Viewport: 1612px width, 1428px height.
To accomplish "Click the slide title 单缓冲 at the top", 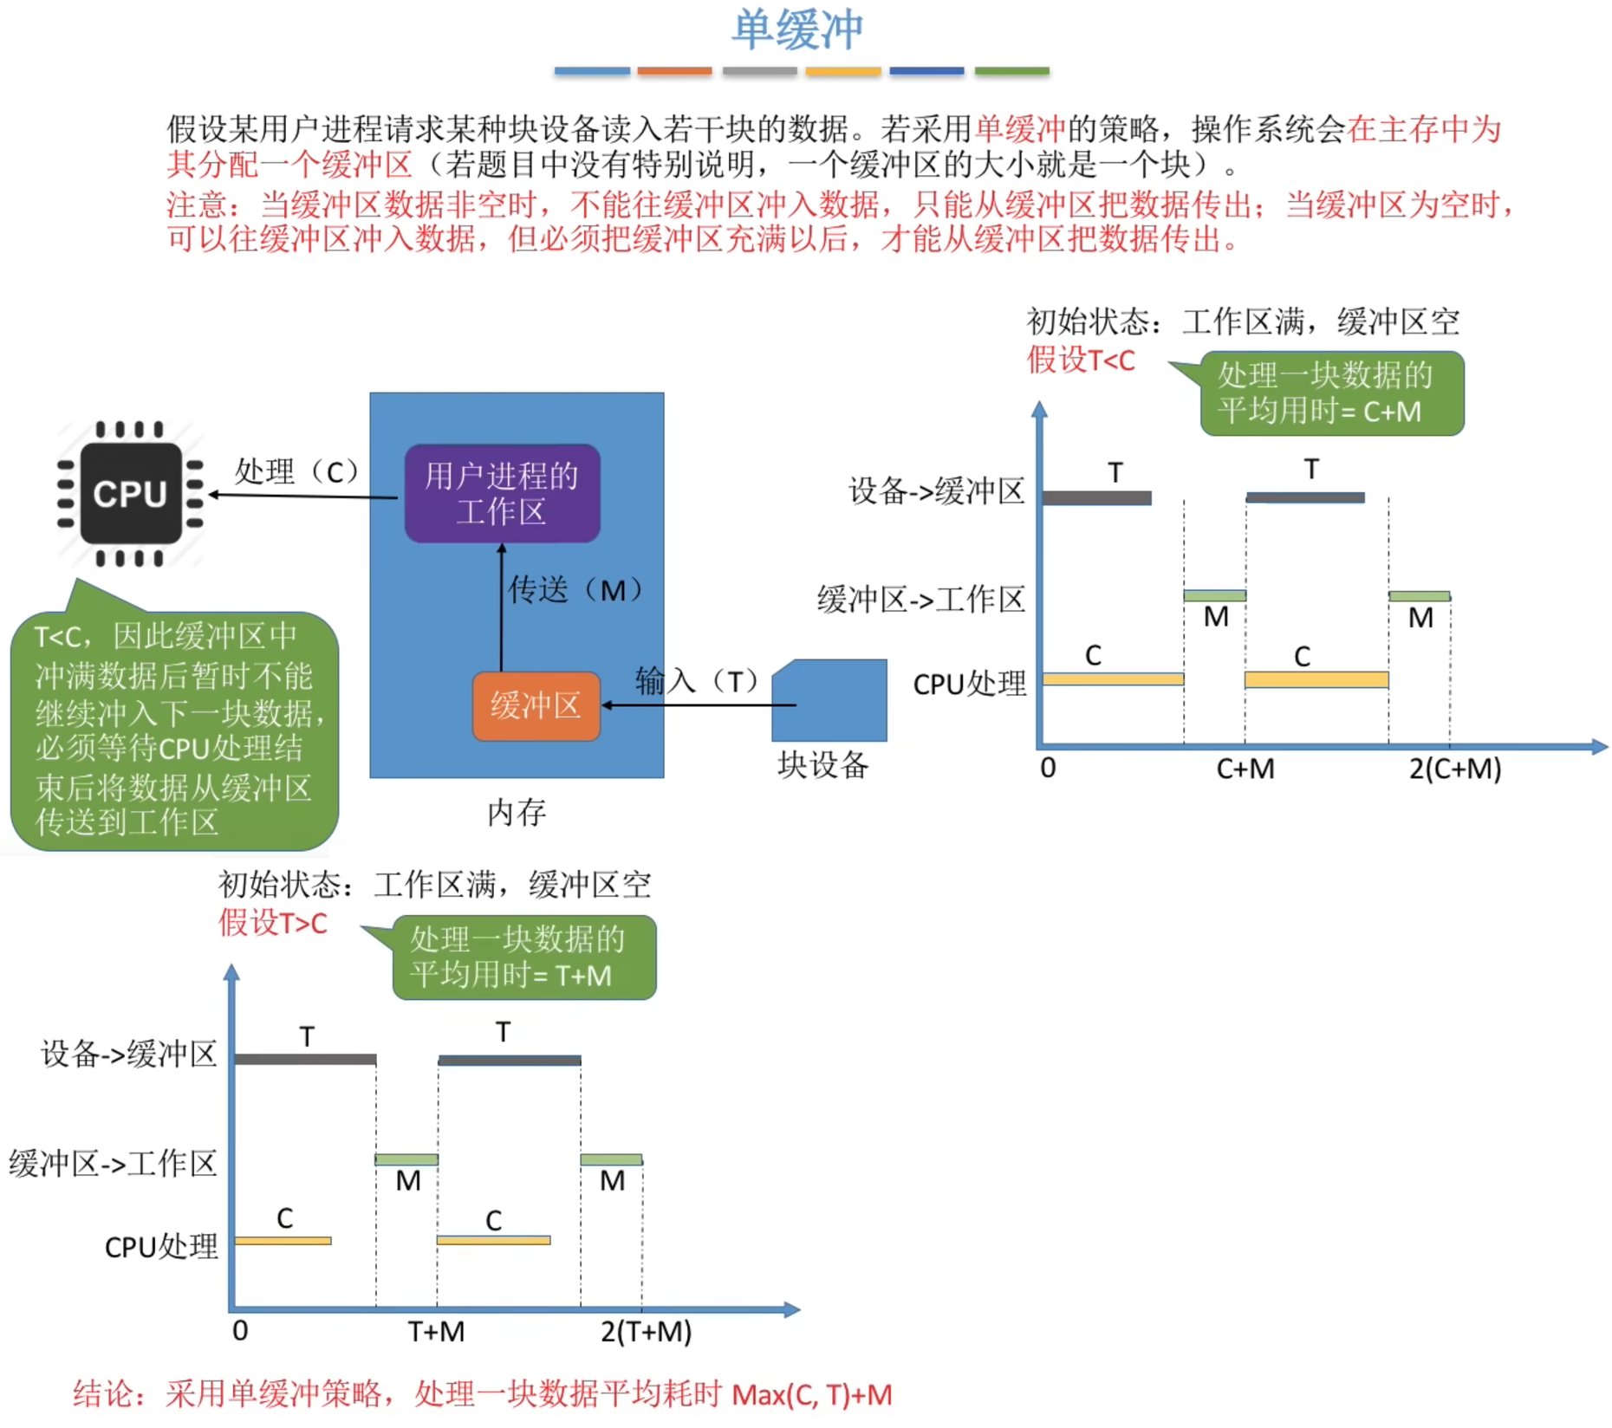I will (797, 30).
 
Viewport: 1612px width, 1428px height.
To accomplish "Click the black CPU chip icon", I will (130, 494).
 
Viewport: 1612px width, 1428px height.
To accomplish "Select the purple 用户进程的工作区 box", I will (502, 494).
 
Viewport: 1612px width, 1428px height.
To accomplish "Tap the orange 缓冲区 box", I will (536, 706).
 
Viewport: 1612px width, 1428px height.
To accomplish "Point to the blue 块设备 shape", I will (829, 701).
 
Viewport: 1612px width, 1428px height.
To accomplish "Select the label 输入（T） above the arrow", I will (698, 681).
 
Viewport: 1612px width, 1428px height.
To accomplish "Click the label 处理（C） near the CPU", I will (296, 471).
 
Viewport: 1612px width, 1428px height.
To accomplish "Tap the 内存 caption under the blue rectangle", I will (517, 813).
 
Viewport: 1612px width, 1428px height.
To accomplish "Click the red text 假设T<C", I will (1081, 360).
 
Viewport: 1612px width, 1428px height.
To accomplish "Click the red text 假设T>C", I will (272, 923).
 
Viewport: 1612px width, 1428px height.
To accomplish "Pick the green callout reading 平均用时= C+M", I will (1331, 393).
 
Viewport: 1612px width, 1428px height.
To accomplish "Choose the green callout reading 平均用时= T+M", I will (523, 957).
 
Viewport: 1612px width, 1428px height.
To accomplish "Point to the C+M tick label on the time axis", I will (1245, 769).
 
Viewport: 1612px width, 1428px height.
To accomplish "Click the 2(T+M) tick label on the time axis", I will (646, 1331).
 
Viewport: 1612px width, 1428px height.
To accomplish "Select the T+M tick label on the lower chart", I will (436, 1331).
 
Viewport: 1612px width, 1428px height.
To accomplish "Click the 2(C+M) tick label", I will (1454, 769).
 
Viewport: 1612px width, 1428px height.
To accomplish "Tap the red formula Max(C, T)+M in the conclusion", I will (811, 1395).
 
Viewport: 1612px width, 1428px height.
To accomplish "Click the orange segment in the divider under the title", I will (674, 71).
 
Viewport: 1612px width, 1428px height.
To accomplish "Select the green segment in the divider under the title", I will (1011, 71).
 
